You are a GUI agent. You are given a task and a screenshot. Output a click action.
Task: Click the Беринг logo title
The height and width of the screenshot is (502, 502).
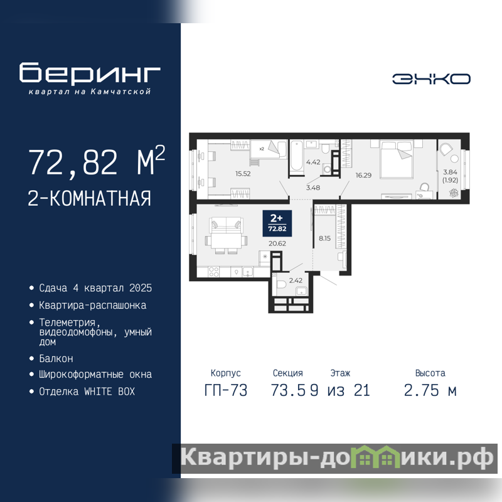90,73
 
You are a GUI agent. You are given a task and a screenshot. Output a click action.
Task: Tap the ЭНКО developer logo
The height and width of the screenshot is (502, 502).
431,79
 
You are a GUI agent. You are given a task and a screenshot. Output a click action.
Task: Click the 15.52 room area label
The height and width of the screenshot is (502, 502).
243,174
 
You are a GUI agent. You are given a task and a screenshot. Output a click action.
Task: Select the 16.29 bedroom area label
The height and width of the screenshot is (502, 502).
363,175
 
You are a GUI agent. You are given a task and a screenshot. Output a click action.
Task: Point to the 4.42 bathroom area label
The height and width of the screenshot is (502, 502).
313,162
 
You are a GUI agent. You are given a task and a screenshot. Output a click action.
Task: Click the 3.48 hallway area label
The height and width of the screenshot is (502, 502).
312,188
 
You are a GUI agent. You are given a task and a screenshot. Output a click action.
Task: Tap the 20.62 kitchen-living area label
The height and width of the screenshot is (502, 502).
277,243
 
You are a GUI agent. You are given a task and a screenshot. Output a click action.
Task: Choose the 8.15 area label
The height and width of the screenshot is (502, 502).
324,238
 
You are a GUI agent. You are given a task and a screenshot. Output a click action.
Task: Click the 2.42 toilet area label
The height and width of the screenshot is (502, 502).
296,280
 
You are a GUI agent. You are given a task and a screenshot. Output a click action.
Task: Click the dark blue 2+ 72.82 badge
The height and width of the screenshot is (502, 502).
277,223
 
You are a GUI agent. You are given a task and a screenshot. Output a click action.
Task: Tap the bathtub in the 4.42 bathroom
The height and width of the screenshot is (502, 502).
297,156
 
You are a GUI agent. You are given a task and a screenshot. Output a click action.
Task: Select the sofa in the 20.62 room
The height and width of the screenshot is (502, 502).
226,225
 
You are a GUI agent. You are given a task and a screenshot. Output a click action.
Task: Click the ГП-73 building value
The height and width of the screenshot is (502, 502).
226,390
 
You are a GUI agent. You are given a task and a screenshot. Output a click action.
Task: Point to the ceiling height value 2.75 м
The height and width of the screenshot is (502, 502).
430,390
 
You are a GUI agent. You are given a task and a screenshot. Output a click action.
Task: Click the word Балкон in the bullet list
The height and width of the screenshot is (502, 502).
56,358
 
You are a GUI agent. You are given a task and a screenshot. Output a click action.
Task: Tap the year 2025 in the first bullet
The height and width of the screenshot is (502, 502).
141,288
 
